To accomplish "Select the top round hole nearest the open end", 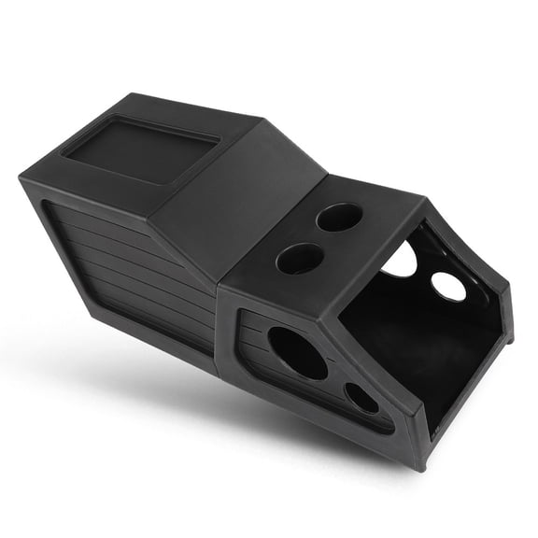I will (x=339, y=217).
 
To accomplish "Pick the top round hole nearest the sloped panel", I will (x=300, y=258).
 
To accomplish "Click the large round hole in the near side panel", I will (x=297, y=352).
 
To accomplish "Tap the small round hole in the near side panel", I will (x=361, y=398).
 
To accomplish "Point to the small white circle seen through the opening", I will (x=448, y=286).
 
